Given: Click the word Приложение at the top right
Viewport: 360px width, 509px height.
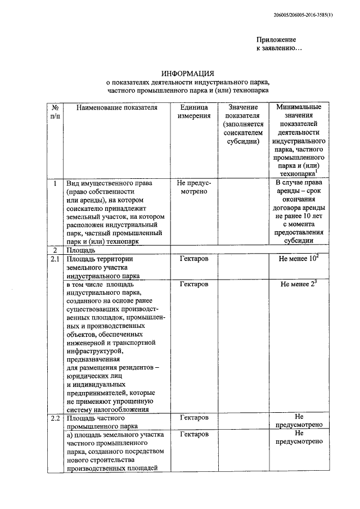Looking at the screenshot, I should (276, 39).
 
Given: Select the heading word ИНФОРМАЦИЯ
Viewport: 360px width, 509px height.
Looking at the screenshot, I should (188, 74).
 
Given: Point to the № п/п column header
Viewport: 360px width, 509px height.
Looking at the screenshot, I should (55, 111).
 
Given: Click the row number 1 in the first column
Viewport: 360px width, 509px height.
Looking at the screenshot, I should (55, 183).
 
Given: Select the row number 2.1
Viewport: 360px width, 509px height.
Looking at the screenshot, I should (55, 259).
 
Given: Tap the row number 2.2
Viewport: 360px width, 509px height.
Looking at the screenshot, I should (55, 418).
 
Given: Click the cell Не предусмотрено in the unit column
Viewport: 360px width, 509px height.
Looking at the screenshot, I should (193, 188).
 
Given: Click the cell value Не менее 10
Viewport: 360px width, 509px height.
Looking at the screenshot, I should (299, 259).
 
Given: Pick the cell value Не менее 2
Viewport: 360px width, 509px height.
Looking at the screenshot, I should (299, 285).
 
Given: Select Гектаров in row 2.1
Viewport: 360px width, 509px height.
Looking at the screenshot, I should (193, 259).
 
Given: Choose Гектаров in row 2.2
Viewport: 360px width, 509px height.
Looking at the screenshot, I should (193, 418).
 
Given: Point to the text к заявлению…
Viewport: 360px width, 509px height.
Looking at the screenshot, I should (279, 49).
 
